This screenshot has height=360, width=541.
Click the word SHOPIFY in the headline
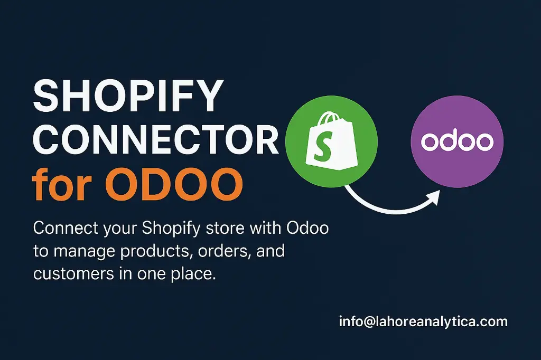[127, 97]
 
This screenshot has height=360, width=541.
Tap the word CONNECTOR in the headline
[155, 140]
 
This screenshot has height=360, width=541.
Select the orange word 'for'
[60, 183]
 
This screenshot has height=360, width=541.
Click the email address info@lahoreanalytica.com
[423, 321]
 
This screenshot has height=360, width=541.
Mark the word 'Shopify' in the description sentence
[171, 229]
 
